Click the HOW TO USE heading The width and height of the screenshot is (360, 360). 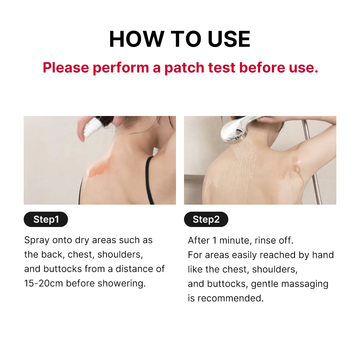(x=180, y=39)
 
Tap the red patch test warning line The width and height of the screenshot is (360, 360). (x=180, y=68)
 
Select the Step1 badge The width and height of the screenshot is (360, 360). (x=46, y=219)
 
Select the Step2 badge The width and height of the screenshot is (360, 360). (x=206, y=219)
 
